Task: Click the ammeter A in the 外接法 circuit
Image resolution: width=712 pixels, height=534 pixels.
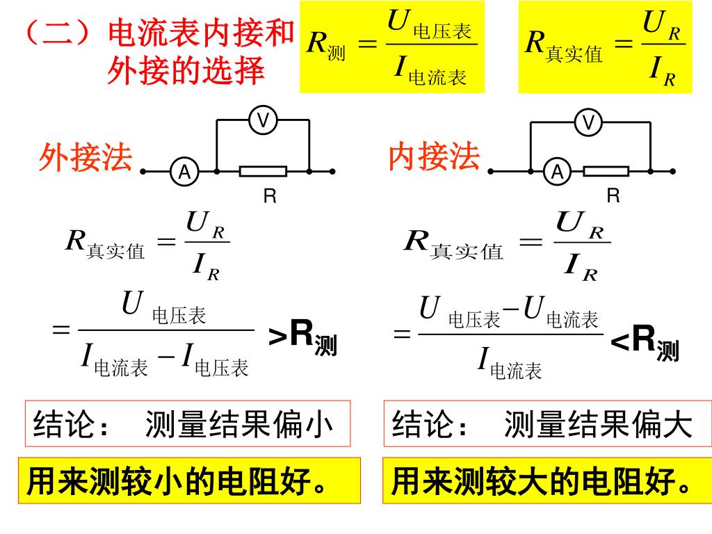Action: tap(185, 171)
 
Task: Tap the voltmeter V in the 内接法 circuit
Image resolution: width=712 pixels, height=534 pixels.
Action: tap(589, 123)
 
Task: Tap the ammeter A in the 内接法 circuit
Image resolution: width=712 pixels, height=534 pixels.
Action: tap(557, 171)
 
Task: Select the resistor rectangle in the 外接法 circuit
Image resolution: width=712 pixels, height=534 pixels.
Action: tap(264, 171)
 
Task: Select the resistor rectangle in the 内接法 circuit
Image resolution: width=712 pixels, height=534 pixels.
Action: tap(606, 171)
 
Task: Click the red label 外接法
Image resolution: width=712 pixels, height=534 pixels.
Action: tap(86, 158)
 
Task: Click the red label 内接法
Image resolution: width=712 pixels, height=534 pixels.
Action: tap(435, 157)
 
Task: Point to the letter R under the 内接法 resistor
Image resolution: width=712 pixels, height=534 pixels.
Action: tap(613, 197)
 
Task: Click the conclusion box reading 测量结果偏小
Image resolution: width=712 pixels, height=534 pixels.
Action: tap(188, 423)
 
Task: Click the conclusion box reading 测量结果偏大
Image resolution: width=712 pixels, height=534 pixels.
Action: tap(547, 423)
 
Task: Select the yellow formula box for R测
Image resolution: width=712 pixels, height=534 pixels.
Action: tap(391, 47)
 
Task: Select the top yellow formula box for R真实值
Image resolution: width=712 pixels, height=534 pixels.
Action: tap(605, 47)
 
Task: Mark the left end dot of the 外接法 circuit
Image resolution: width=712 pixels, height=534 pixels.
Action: tap(143, 171)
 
